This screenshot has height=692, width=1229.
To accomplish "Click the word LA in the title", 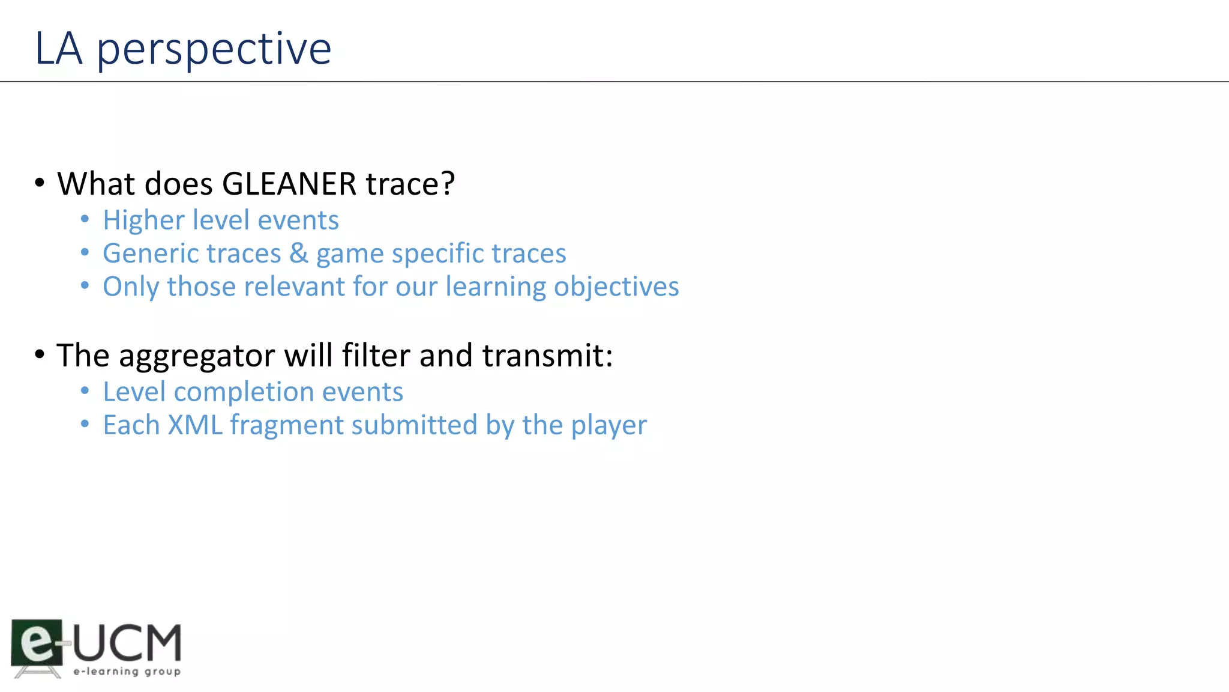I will (58, 49).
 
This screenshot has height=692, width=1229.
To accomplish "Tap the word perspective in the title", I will (214, 50).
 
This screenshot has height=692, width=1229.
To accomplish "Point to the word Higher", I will (143, 221).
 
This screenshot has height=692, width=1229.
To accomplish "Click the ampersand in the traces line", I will (298, 253).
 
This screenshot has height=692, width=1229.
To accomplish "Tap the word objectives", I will (616, 287).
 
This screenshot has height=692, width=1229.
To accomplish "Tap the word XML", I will (195, 425).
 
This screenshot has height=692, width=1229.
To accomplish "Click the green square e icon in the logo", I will (37, 642).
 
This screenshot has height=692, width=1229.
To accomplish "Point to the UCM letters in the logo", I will (127, 642).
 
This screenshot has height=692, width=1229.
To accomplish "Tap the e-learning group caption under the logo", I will (127, 671).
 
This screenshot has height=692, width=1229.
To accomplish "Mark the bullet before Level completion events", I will (85, 392).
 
